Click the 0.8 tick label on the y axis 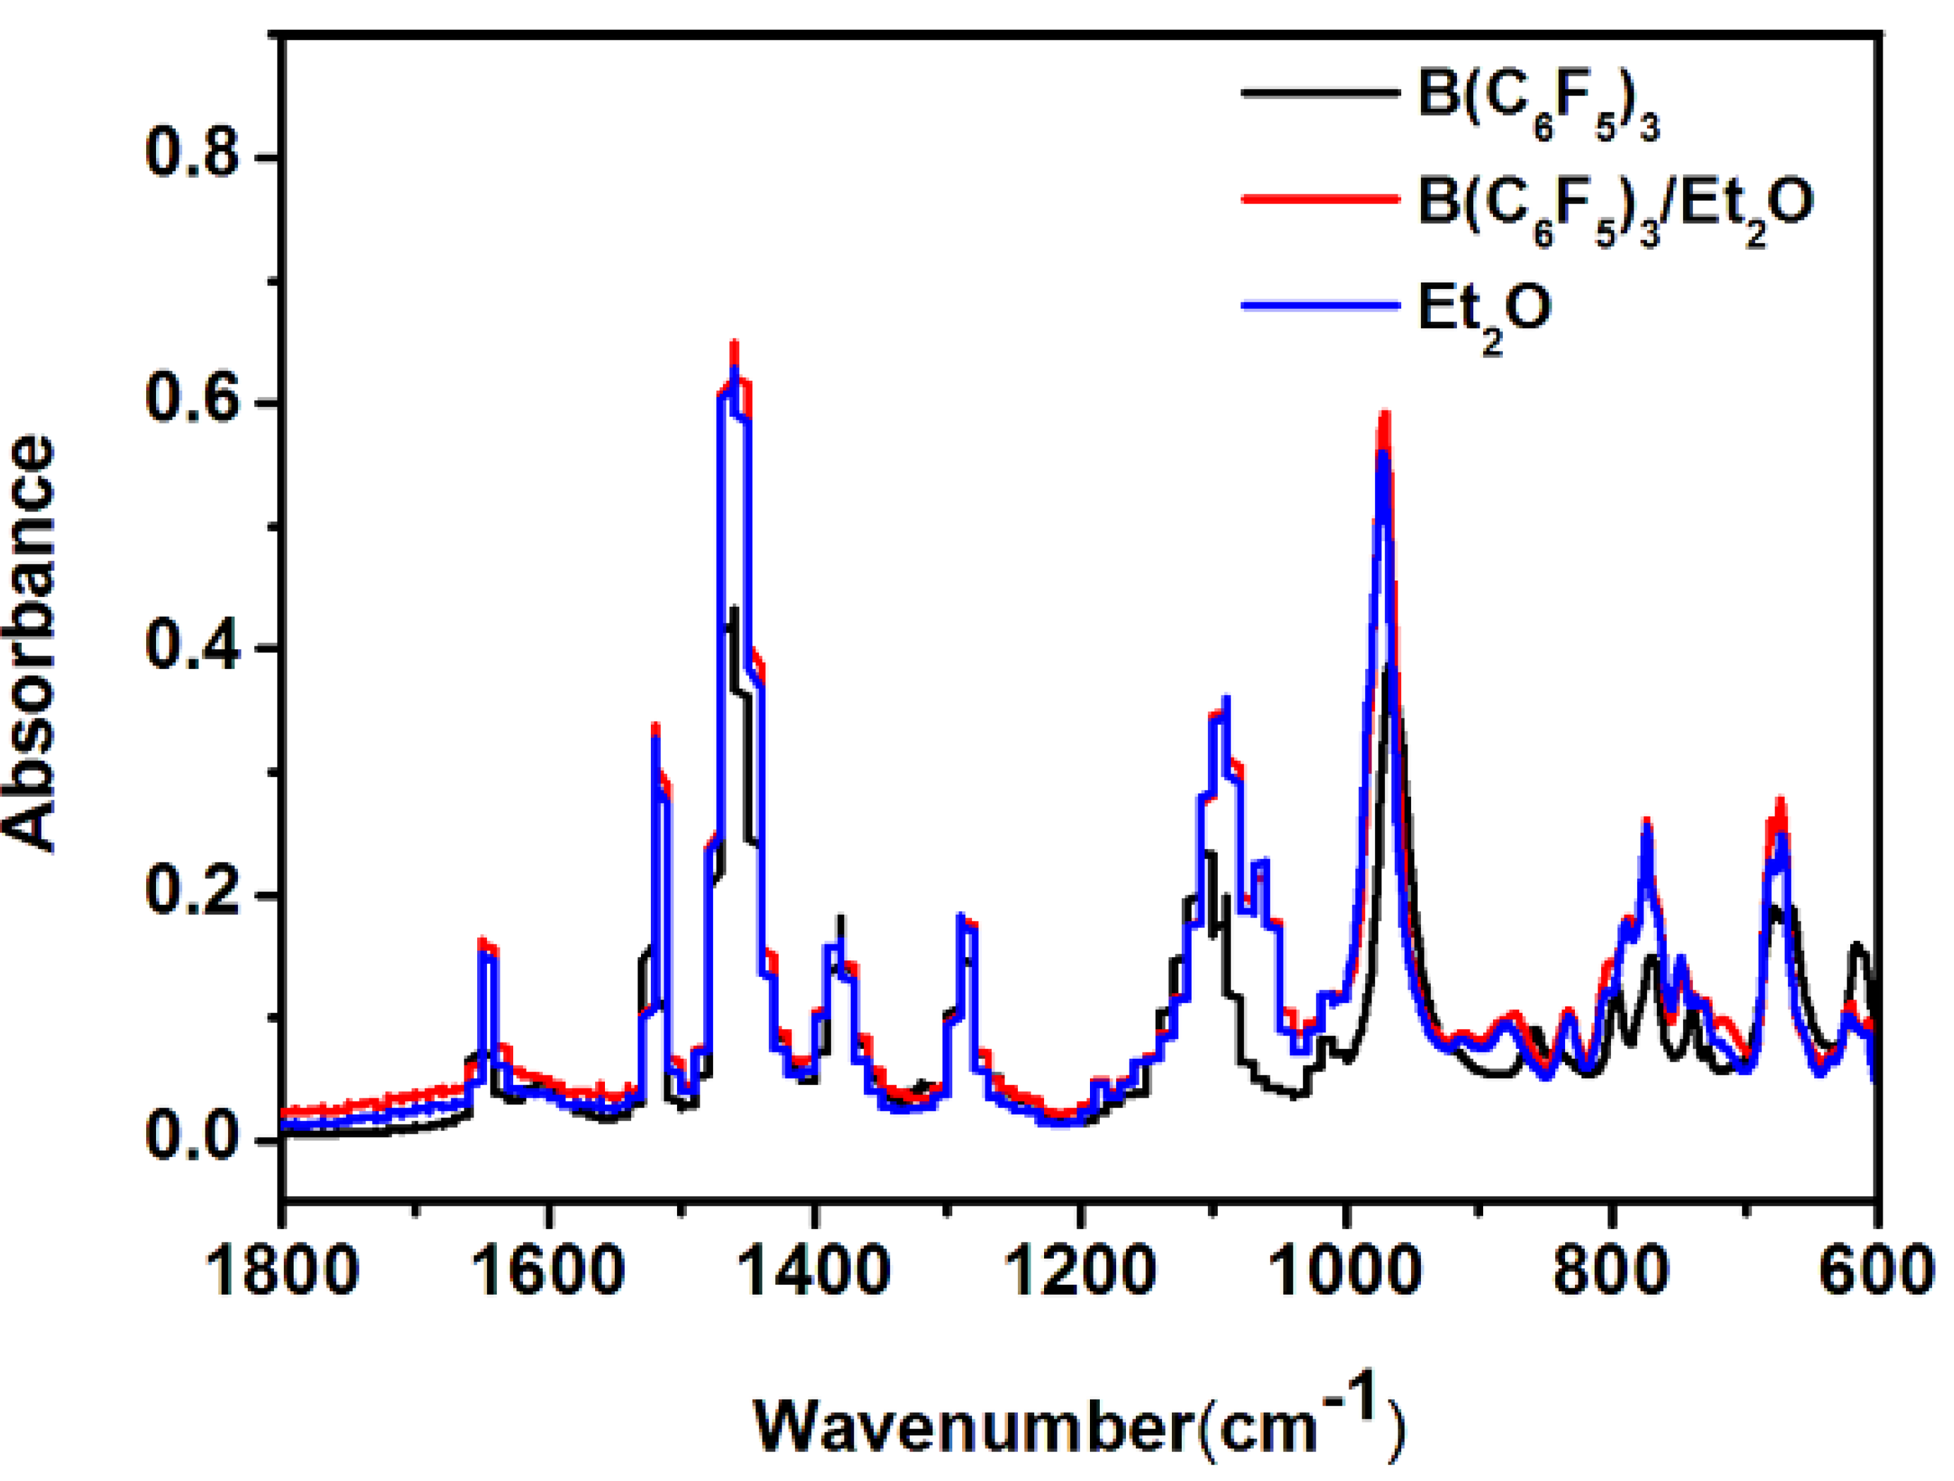[193, 155]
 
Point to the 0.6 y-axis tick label [193, 400]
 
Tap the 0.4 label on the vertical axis [193, 647]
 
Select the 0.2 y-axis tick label [193, 893]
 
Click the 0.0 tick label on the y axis [193, 1139]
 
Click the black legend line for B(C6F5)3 [1321, 92]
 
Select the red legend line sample [1321, 199]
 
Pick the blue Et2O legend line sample [1321, 306]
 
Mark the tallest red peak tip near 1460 [733, 343]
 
